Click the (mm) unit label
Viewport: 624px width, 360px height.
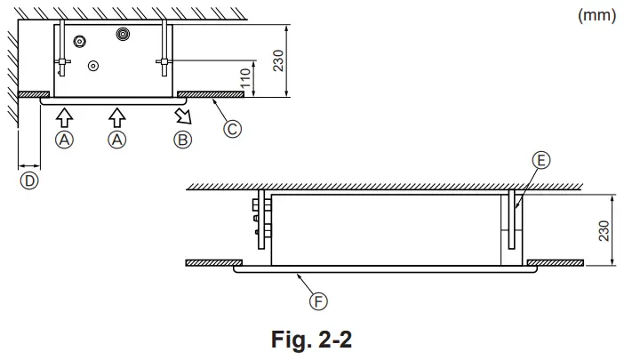point(596,14)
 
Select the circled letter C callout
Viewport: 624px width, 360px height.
point(231,128)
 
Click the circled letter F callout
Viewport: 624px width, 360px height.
point(317,302)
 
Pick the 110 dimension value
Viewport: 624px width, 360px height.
point(245,80)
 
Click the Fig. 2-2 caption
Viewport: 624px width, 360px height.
point(316,340)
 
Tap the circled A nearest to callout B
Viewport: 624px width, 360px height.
point(116,139)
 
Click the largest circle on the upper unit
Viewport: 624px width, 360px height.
point(123,33)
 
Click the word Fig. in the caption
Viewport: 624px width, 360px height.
point(290,340)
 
